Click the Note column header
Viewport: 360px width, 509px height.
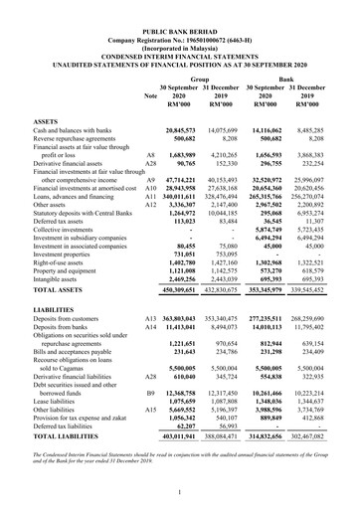coord(150,95)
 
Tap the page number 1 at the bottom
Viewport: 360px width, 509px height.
coord(180,492)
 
